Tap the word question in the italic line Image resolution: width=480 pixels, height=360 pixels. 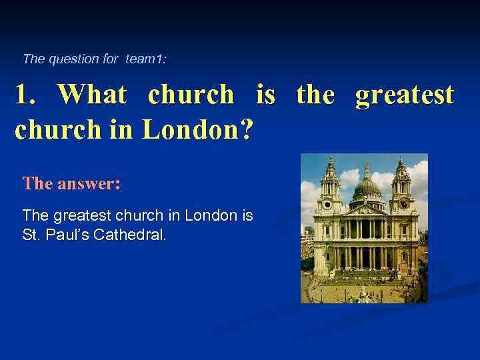[x=73, y=59]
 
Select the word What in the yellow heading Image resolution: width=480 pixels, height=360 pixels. [x=91, y=95]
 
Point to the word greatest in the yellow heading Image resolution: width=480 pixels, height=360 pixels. [x=405, y=95]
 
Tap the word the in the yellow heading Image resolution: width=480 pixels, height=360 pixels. [x=315, y=95]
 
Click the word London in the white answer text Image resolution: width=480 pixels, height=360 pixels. [x=210, y=216]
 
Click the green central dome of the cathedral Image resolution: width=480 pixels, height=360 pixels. [x=366, y=189]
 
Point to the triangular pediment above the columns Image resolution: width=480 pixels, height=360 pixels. [x=366, y=211]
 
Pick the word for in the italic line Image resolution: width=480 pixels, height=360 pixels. [x=111, y=59]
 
